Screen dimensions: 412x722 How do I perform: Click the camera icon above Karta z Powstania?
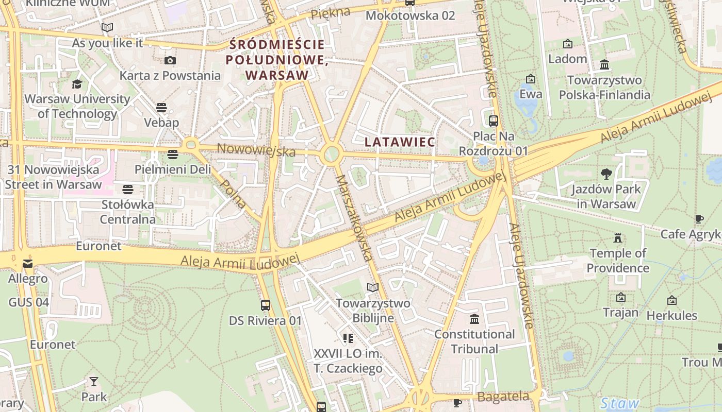pos(170,60)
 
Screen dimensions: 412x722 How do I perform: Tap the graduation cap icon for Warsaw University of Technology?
pos(77,84)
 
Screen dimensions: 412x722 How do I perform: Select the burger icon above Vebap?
pos(161,108)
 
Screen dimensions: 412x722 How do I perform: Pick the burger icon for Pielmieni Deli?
pos(172,154)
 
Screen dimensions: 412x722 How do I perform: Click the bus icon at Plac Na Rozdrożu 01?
pos(494,121)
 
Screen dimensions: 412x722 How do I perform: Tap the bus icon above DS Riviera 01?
pos(266,305)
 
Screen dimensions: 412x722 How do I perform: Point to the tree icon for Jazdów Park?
pos(606,174)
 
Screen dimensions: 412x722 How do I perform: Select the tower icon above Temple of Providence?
pos(618,238)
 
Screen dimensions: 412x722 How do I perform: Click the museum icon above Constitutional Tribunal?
pos(474,319)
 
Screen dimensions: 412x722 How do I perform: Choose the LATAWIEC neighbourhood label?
pos(400,141)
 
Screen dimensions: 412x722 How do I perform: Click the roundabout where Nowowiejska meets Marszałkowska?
pos(331,153)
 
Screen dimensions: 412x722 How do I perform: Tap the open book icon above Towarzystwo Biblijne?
pos(373,287)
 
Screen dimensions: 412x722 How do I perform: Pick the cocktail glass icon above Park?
pos(93,382)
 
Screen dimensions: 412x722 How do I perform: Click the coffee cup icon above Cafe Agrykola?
pos(699,219)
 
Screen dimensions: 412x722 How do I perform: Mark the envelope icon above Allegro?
pos(28,264)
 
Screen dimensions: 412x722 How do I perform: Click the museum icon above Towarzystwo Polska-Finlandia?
pos(604,65)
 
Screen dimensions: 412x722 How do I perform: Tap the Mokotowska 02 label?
pos(410,15)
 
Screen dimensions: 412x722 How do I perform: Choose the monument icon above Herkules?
pos(672,300)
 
